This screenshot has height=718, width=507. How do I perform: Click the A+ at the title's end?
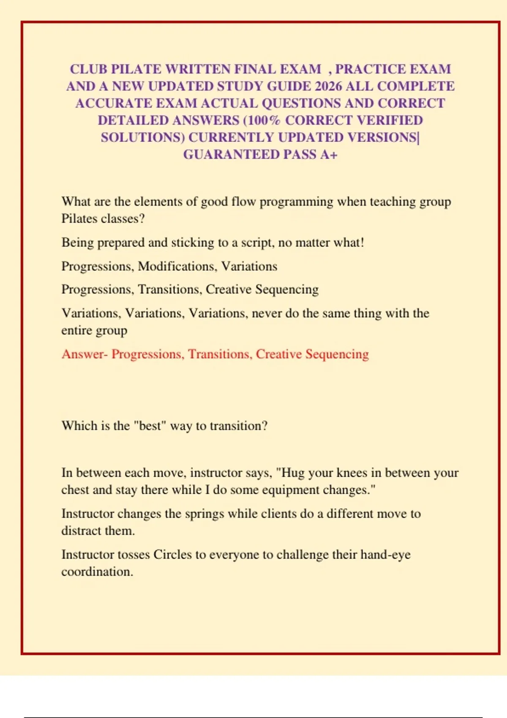pyautogui.click(x=329, y=155)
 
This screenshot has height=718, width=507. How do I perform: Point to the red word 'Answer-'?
pyautogui.click(x=84, y=354)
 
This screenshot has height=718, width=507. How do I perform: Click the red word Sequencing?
pyautogui.click(x=337, y=354)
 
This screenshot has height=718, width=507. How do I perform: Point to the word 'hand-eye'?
pyautogui.click(x=385, y=555)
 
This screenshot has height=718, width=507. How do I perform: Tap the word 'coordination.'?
pyautogui.click(x=97, y=572)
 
